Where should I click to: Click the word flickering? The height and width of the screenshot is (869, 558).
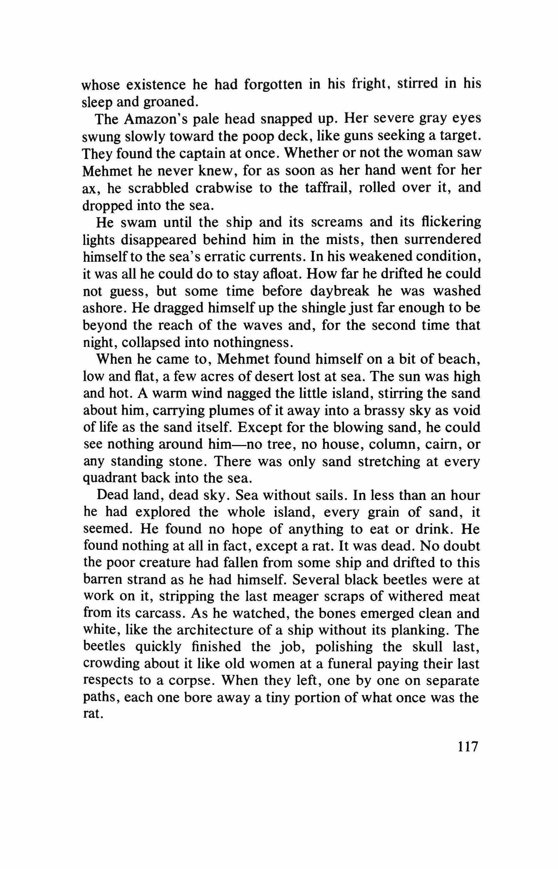coord(449,222)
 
